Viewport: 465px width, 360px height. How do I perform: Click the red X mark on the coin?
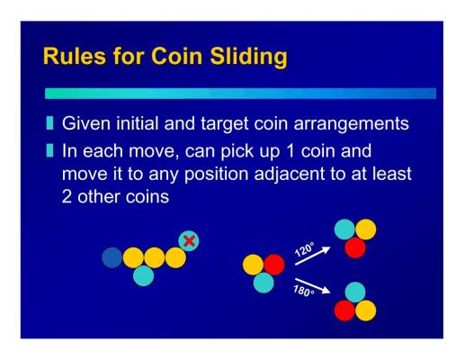coord(189,241)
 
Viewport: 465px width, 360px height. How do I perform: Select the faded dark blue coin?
coord(112,257)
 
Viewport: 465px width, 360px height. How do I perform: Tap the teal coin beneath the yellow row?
coord(144,275)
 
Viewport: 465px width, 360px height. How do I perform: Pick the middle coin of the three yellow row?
coord(155,257)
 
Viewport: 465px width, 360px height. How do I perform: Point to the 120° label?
coord(304,249)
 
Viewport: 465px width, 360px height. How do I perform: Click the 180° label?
coord(304,291)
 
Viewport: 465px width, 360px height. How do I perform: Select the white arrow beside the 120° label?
coord(313,256)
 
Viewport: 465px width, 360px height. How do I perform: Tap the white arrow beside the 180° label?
coord(313,286)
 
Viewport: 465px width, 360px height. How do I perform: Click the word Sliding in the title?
coord(248,57)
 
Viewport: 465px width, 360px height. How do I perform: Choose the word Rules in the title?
coord(75,56)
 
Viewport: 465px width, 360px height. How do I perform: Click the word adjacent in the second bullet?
coord(290,175)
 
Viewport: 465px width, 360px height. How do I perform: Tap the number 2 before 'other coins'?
coord(67,197)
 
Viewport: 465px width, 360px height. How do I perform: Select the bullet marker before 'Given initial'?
coord(50,123)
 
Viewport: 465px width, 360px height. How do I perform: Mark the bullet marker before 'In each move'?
coord(50,151)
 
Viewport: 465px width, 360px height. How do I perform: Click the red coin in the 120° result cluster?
coord(355,247)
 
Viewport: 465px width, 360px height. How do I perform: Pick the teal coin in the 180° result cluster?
coord(355,292)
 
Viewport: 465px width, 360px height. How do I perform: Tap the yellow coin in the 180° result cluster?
coord(366,310)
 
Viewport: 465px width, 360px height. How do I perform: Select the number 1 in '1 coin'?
coord(291,151)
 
